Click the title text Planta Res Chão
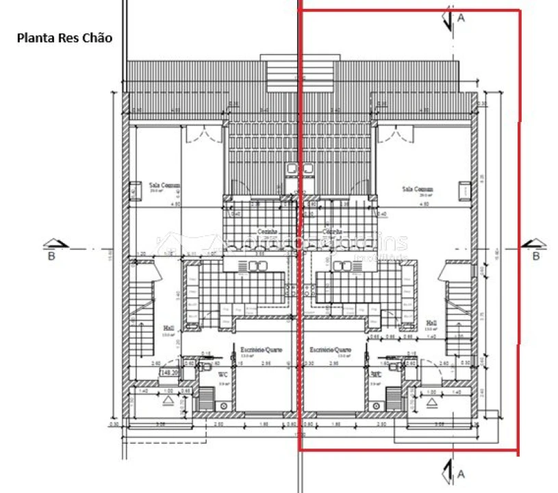[64, 38]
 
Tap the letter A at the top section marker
[461, 19]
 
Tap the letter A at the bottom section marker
[461, 473]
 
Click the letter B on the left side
[51, 256]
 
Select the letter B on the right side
[536, 256]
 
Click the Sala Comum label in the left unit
[162, 185]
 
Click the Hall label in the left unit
[168, 328]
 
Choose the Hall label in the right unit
[431, 323]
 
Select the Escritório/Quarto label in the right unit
[331, 349]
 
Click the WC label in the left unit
[223, 375]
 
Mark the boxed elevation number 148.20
[168, 373]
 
